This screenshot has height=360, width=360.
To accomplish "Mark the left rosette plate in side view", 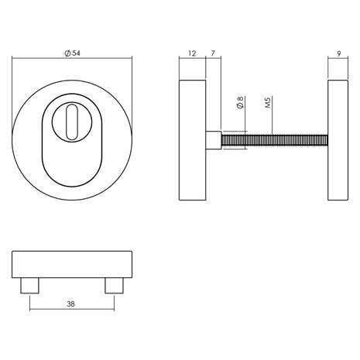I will (x=192, y=142).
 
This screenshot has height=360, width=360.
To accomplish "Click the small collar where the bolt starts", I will (x=214, y=142).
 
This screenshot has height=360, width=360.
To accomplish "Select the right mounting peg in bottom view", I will (x=114, y=286).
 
